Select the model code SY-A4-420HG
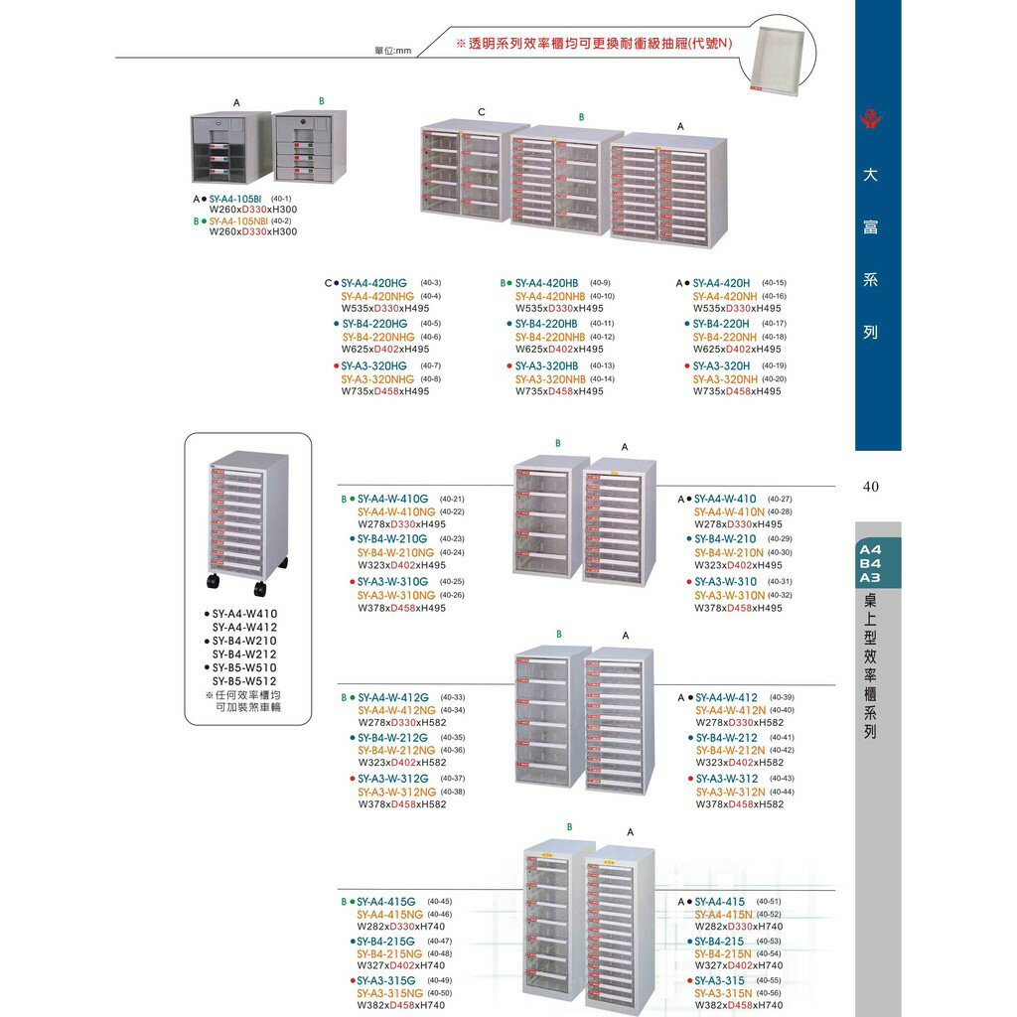click(x=374, y=283)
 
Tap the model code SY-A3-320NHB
click(x=550, y=378)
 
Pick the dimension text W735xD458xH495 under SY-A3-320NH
click(x=737, y=391)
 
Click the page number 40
click(x=871, y=487)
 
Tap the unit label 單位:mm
click(x=392, y=51)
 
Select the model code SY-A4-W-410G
click(x=392, y=499)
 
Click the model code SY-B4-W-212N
click(x=730, y=751)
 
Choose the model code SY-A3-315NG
click(x=389, y=993)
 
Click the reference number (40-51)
click(x=769, y=901)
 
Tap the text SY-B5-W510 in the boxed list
click(x=244, y=667)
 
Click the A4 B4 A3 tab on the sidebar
click(x=870, y=563)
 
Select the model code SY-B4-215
click(x=720, y=941)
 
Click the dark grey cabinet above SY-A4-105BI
click(x=229, y=147)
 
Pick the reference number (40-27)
click(x=781, y=499)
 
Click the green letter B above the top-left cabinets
click(x=321, y=101)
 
